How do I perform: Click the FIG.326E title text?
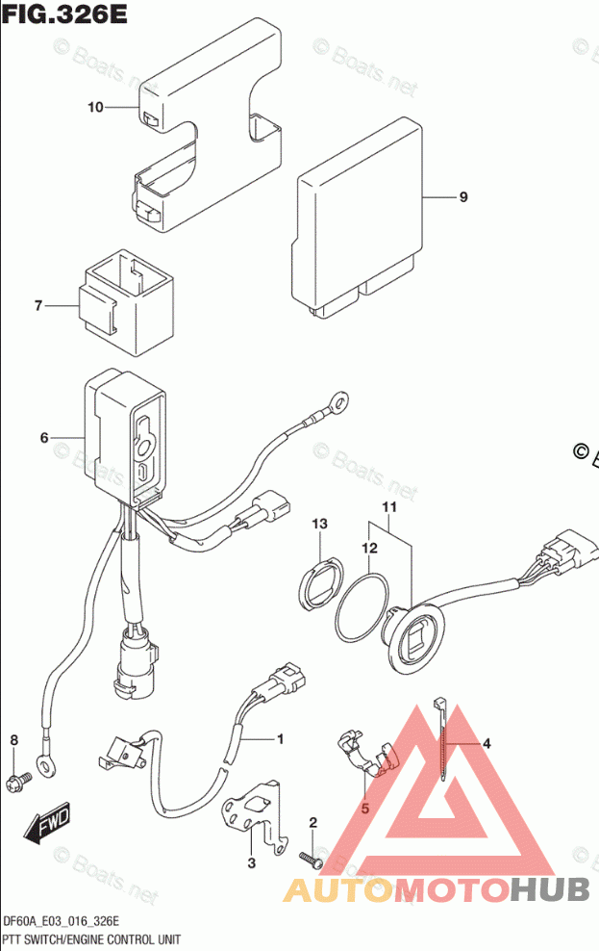pyautogui.click(x=64, y=16)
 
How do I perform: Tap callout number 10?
pyautogui.click(x=94, y=108)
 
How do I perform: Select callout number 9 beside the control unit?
pyautogui.click(x=462, y=197)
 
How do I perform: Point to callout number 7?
pyautogui.click(x=38, y=306)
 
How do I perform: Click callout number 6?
pyautogui.click(x=44, y=438)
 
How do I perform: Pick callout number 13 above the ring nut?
pyautogui.click(x=319, y=524)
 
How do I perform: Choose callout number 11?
pyautogui.click(x=389, y=507)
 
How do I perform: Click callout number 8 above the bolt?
pyautogui.click(x=13, y=739)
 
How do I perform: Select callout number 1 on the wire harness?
pyautogui.click(x=280, y=739)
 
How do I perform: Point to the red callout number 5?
pyautogui.click(x=365, y=810)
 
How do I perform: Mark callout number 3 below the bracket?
pyautogui.click(x=251, y=863)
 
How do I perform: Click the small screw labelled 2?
pyautogui.click(x=309, y=856)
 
